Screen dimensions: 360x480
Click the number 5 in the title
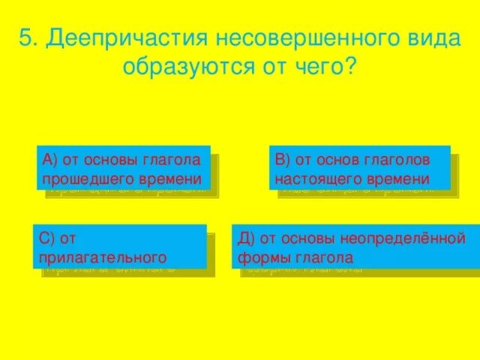[x=25, y=39]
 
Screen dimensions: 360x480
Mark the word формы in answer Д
[x=262, y=258]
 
